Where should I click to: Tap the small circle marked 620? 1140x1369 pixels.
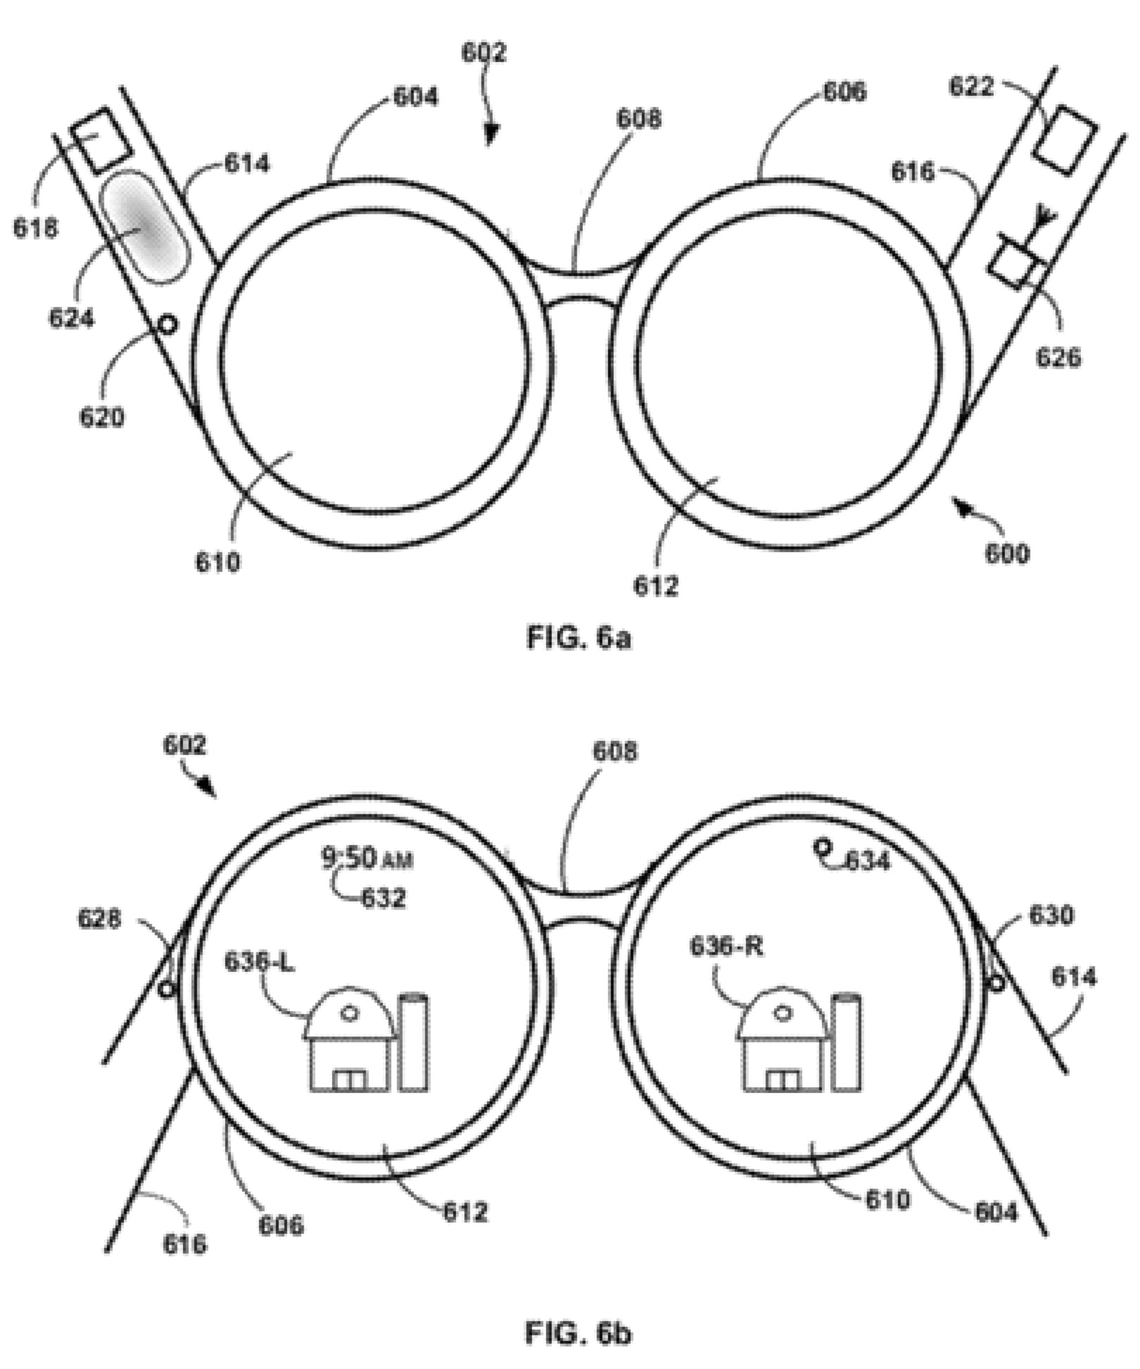click(x=167, y=325)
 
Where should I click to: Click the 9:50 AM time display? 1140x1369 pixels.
click(x=367, y=859)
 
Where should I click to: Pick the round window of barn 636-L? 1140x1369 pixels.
click(x=350, y=1013)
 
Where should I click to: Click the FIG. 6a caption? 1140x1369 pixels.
click(x=578, y=638)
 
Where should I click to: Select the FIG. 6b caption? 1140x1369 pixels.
click(x=578, y=1333)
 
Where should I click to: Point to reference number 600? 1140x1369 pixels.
click(x=1006, y=554)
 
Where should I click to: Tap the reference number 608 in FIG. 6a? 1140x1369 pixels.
click(x=639, y=120)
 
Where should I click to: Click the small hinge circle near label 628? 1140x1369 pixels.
click(x=166, y=989)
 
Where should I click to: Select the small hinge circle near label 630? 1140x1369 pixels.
click(x=996, y=981)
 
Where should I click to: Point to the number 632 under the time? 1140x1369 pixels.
click(x=384, y=898)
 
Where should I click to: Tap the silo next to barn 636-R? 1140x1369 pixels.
click(x=847, y=1043)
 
